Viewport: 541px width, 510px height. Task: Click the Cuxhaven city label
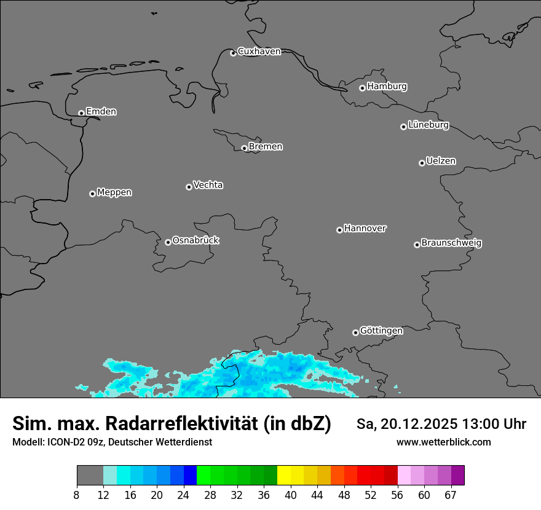click(x=259, y=52)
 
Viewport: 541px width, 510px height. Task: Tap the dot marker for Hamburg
click(x=362, y=88)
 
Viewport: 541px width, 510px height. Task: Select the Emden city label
click(x=101, y=112)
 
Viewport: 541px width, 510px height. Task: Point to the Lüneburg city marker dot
click(x=403, y=127)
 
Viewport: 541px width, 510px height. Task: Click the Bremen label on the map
click(x=266, y=147)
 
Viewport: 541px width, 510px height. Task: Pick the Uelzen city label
click(x=441, y=161)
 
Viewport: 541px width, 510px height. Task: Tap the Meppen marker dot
click(x=92, y=194)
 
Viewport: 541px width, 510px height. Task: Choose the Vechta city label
click(x=208, y=185)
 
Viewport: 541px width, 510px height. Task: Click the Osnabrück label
click(x=195, y=240)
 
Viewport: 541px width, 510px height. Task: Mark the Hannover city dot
click(x=339, y=230)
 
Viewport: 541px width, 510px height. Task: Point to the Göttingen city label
click(x=381, y=331)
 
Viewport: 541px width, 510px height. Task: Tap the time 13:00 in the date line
click(x=484, y=424)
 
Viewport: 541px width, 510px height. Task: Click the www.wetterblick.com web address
click(x=443, y=442)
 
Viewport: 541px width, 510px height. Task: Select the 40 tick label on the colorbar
click(x=291, y=495)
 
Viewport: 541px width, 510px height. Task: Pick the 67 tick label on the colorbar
click(x=451, y=495)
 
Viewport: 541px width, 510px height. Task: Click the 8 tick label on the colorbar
click(x=77, y=495)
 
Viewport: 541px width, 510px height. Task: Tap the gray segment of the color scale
click(x=90, y=476)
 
